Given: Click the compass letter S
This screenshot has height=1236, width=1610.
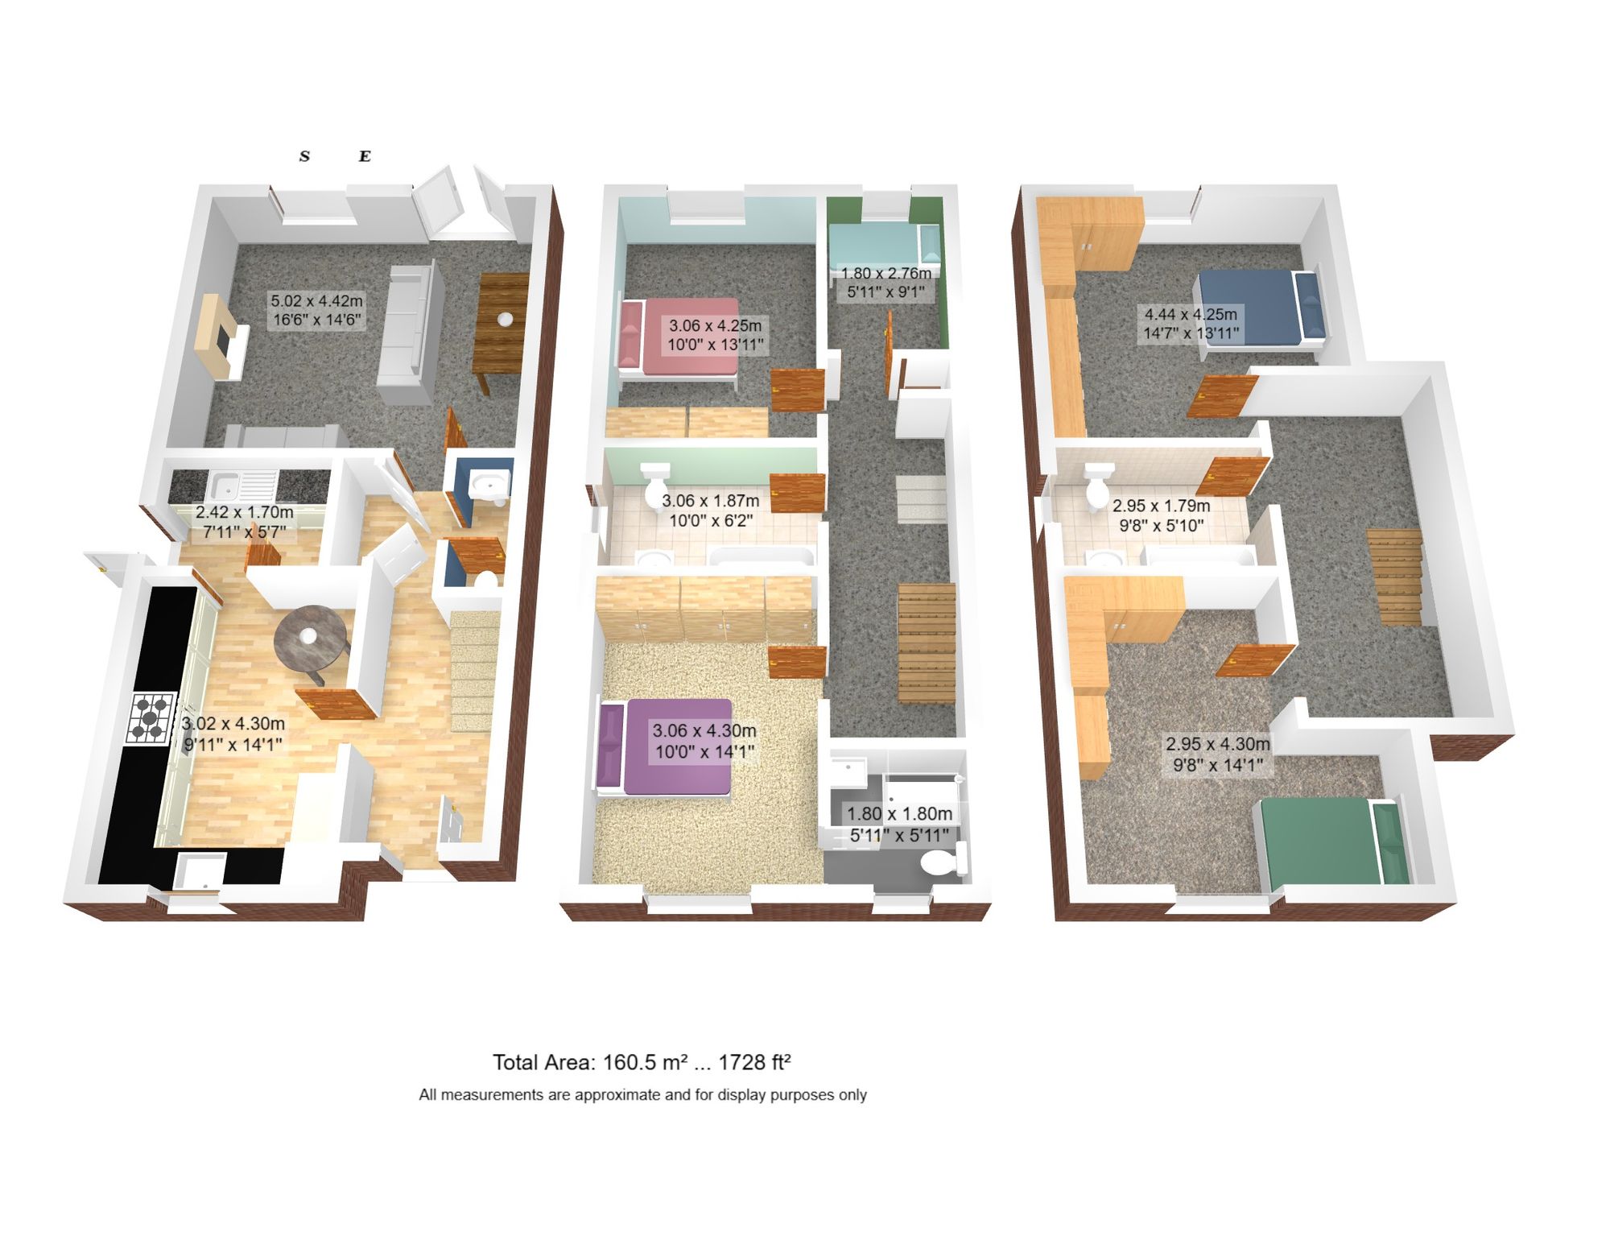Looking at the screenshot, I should tap(304, 156).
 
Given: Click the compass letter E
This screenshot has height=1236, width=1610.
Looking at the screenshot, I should tap(365, 156).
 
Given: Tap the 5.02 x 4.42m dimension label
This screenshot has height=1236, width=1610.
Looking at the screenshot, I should tap(316, 310).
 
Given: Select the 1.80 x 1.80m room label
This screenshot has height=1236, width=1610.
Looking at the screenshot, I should tap(899, 825).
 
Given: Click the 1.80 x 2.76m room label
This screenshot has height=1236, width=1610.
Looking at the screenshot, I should tap(885, 283).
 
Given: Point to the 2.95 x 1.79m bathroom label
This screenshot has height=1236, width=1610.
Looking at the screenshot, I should tap(1161, 515).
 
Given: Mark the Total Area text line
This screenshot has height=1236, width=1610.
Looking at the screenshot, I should tap(642, 1062).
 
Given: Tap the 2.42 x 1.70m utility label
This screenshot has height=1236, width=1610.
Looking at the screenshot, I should tap(244, 521).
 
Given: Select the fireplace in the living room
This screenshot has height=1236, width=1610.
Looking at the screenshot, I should tap(221, 338).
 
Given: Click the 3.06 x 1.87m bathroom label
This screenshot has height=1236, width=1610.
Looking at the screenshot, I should tap(710, 511).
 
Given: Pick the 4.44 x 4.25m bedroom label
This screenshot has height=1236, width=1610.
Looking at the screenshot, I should tap(1191, 323).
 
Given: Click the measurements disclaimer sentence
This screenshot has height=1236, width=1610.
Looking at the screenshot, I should tap(642, 1094).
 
